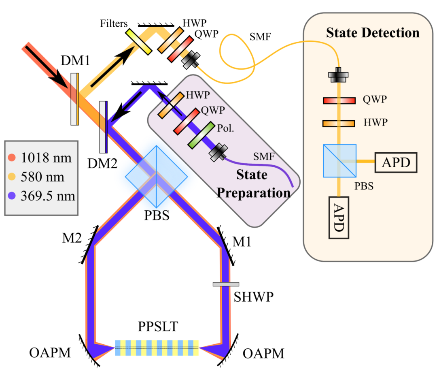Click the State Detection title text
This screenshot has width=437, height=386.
coord(373,33)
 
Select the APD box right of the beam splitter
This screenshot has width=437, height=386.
coord(396,162)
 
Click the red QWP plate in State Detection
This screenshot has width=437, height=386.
coord(339,100)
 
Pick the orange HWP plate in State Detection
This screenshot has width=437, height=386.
coord(339,123)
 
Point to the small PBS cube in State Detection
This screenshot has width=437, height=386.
coord(339,161)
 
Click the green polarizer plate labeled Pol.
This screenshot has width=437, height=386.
coord(201,135)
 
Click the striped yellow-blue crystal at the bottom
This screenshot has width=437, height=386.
coord(157,348)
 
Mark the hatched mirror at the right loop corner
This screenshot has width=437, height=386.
coord(229,243)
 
